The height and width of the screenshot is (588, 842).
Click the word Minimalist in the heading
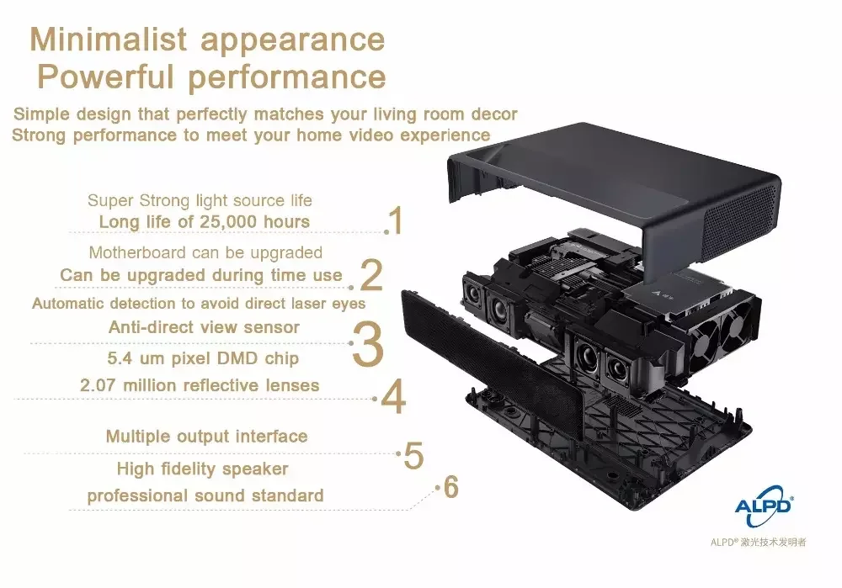click(109, 40)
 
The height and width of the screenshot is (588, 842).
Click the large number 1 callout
click(397, 220)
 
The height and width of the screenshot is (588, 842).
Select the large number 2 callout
click(371, 275)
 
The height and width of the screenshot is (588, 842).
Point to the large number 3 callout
click(368, 344)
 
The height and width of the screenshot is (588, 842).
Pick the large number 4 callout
click(393, 396)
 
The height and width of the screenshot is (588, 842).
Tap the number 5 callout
click(413, 456)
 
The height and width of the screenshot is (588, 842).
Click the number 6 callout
click(450, 487)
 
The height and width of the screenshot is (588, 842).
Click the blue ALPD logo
click(764, 506)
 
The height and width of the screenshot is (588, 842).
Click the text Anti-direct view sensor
click(204, 326)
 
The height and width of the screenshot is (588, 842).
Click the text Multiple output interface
click(207, 437)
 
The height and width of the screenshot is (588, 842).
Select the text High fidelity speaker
click(202, 469)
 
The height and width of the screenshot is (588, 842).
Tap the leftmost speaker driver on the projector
click(473, 294)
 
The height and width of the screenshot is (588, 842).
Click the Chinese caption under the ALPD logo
click(758, 542)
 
